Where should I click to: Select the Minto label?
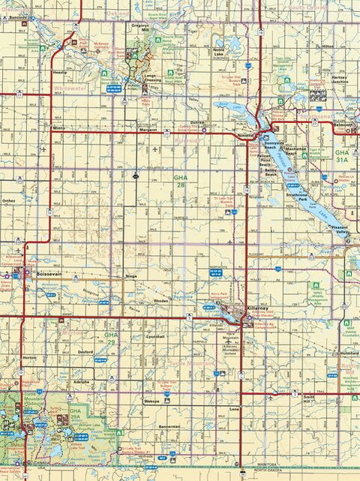pos(60,129)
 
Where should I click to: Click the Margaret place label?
pos(148,130)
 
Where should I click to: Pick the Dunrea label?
pos(197,122)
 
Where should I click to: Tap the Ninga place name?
pos(132,277)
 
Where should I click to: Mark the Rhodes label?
pos(161,301)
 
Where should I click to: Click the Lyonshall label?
pos(155,337)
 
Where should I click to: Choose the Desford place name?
pos(85,350)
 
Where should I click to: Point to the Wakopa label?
pos(152,401)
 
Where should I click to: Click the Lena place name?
pos(234,409)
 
